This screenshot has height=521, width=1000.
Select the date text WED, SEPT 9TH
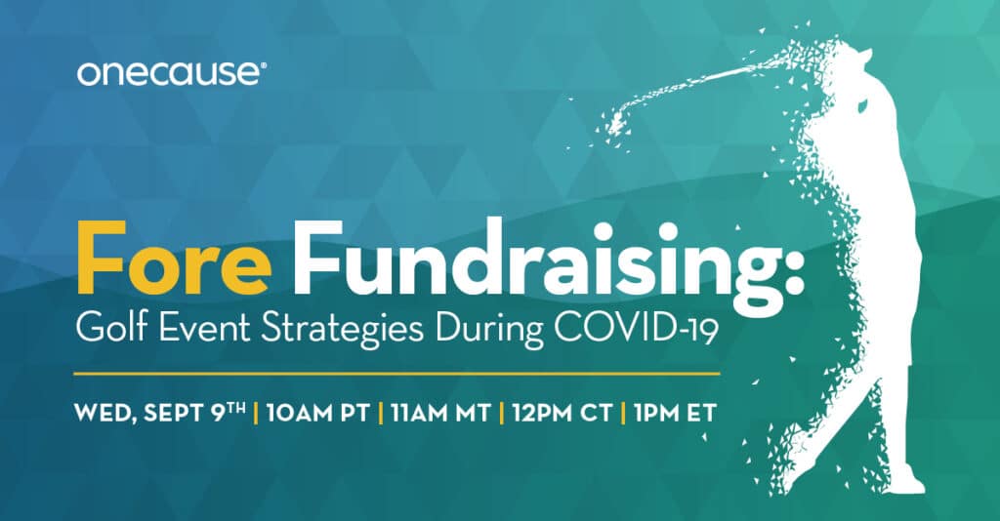(x=160, y=413)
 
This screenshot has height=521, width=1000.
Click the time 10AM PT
(x=317, y=413)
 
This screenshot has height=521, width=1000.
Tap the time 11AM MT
(x=440, y=413)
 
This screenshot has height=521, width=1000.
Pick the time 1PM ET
(x=676, y=413)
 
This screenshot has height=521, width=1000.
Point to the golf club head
(x=613, y=123)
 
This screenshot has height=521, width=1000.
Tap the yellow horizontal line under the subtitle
(x=396, y=374)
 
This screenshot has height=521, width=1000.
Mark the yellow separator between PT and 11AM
(x=380, y=413)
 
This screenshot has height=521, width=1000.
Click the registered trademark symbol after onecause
(x=264, y=65)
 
